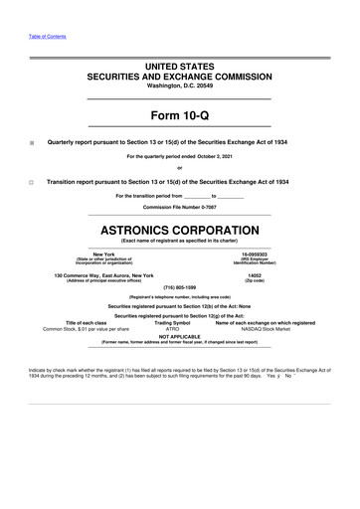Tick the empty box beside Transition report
32,184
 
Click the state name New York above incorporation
103,254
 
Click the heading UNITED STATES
180,64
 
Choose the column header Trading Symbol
173,322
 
